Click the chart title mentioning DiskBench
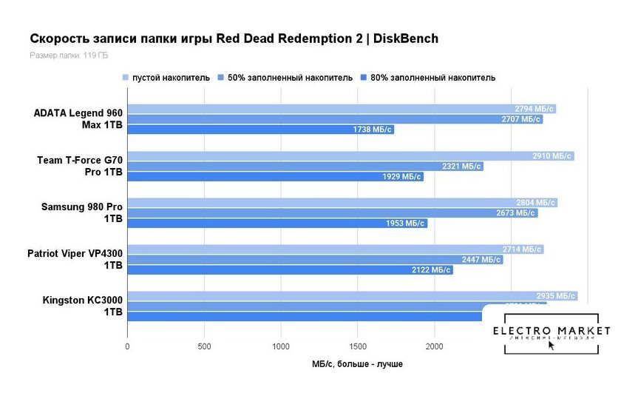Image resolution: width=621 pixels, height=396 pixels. (x=234, y=38)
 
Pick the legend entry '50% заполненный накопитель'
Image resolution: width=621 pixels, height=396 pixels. (x=290, y=78)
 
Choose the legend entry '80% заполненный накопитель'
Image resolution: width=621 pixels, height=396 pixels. (x=432, y=78)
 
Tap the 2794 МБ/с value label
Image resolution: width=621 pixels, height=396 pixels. (x=534, y=109)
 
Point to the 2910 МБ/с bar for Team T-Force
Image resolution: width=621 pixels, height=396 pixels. (x=350, y=156)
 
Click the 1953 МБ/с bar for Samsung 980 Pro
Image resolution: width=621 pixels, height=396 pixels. (x=277, y=223)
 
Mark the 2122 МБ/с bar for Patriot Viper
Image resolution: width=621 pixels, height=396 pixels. (x=290, y=270)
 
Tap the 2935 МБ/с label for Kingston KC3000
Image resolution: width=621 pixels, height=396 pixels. (x=555, y=296)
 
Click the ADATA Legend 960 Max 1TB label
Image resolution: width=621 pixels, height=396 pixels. (x=78, y=118)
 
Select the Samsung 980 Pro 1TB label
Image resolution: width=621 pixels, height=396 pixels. (x=82, y=212)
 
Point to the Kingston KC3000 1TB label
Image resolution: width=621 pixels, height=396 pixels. (x=83, y=306)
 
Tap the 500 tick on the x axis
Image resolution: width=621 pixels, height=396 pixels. (x=204, y=346)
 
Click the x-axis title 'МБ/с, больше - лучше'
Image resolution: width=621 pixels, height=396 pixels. (x=357, y=363)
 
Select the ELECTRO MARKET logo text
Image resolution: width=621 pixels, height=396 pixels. (x=552, y=330)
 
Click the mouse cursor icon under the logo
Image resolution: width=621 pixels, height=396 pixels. (x=552, y=346)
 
